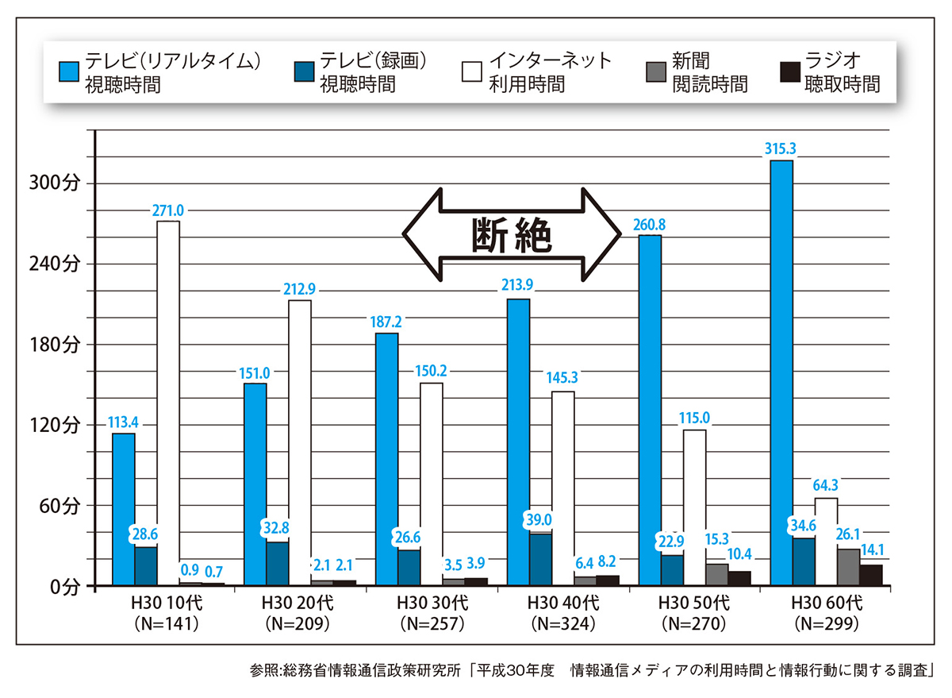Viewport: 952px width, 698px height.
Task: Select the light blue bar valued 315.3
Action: pos(781,373)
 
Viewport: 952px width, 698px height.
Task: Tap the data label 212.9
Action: pos(299,288)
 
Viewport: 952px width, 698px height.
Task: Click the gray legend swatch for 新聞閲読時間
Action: pos(658,72)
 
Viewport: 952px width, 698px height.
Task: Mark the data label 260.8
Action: pos(649,224)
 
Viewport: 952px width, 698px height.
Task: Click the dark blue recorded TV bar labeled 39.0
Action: pos(541,560)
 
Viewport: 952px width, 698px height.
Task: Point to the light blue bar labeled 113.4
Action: pos(124,509)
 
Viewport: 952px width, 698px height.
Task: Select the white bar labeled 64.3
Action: pos(826,542)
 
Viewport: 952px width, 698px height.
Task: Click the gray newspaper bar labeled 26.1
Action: pos(848,567)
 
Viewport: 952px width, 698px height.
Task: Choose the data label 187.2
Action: pos(387,322)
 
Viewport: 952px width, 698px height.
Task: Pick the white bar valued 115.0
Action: pos(694,507)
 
